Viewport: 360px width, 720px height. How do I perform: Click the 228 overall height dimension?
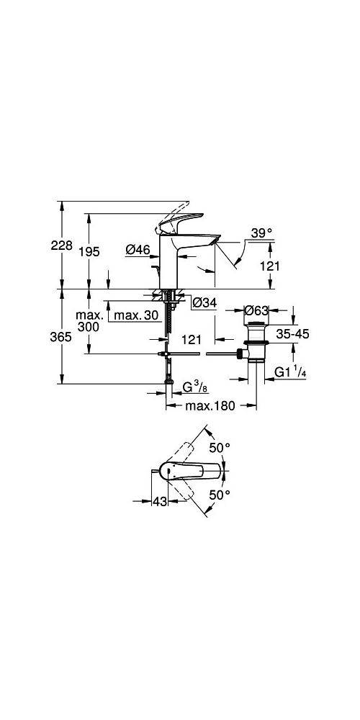click(63, 246)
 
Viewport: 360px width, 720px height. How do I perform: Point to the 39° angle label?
click(262, 233)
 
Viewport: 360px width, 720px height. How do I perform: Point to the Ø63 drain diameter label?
click(257, 311)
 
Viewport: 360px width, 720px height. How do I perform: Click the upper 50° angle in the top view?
click(219, 447)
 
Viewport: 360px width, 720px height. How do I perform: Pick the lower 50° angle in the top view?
click(219, 495)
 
